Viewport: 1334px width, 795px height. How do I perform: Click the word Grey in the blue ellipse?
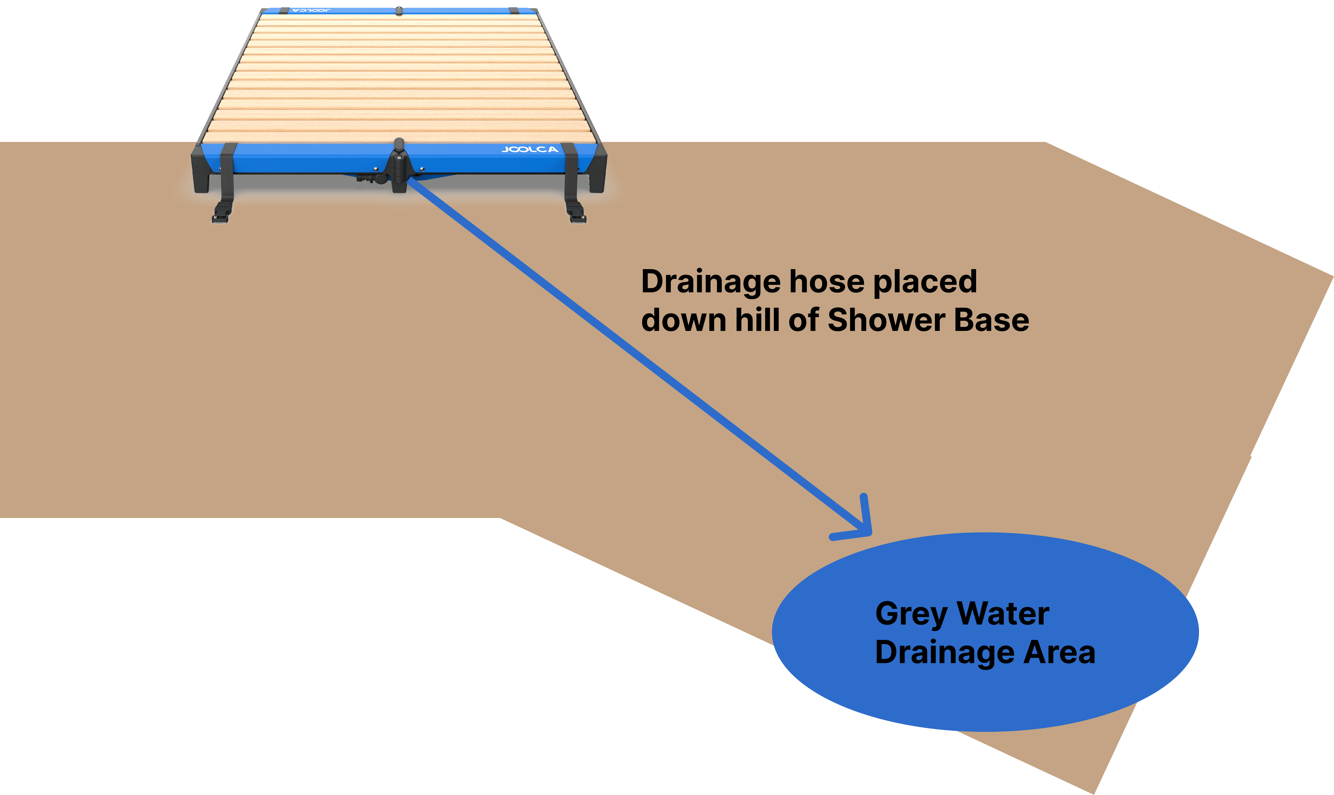(x=911, y=614)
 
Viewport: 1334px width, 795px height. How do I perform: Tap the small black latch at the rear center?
(x=399, y=10)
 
